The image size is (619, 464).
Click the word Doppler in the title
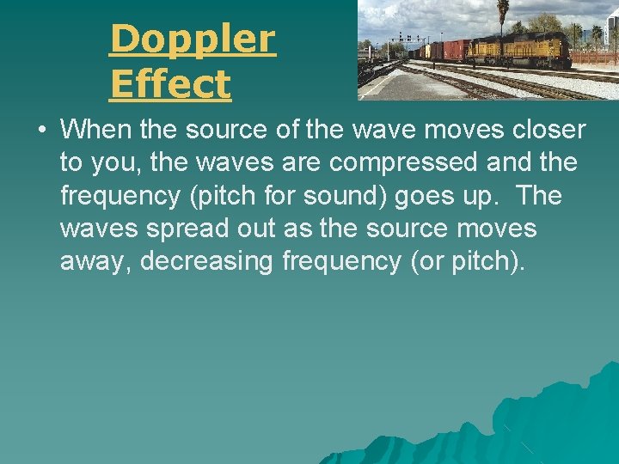(193, 39)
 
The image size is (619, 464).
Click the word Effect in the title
(170, 84)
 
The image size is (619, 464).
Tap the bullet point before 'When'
(40, 131)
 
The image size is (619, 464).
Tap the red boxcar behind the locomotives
(457, 50)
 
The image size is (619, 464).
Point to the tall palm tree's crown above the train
(502, 6)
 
